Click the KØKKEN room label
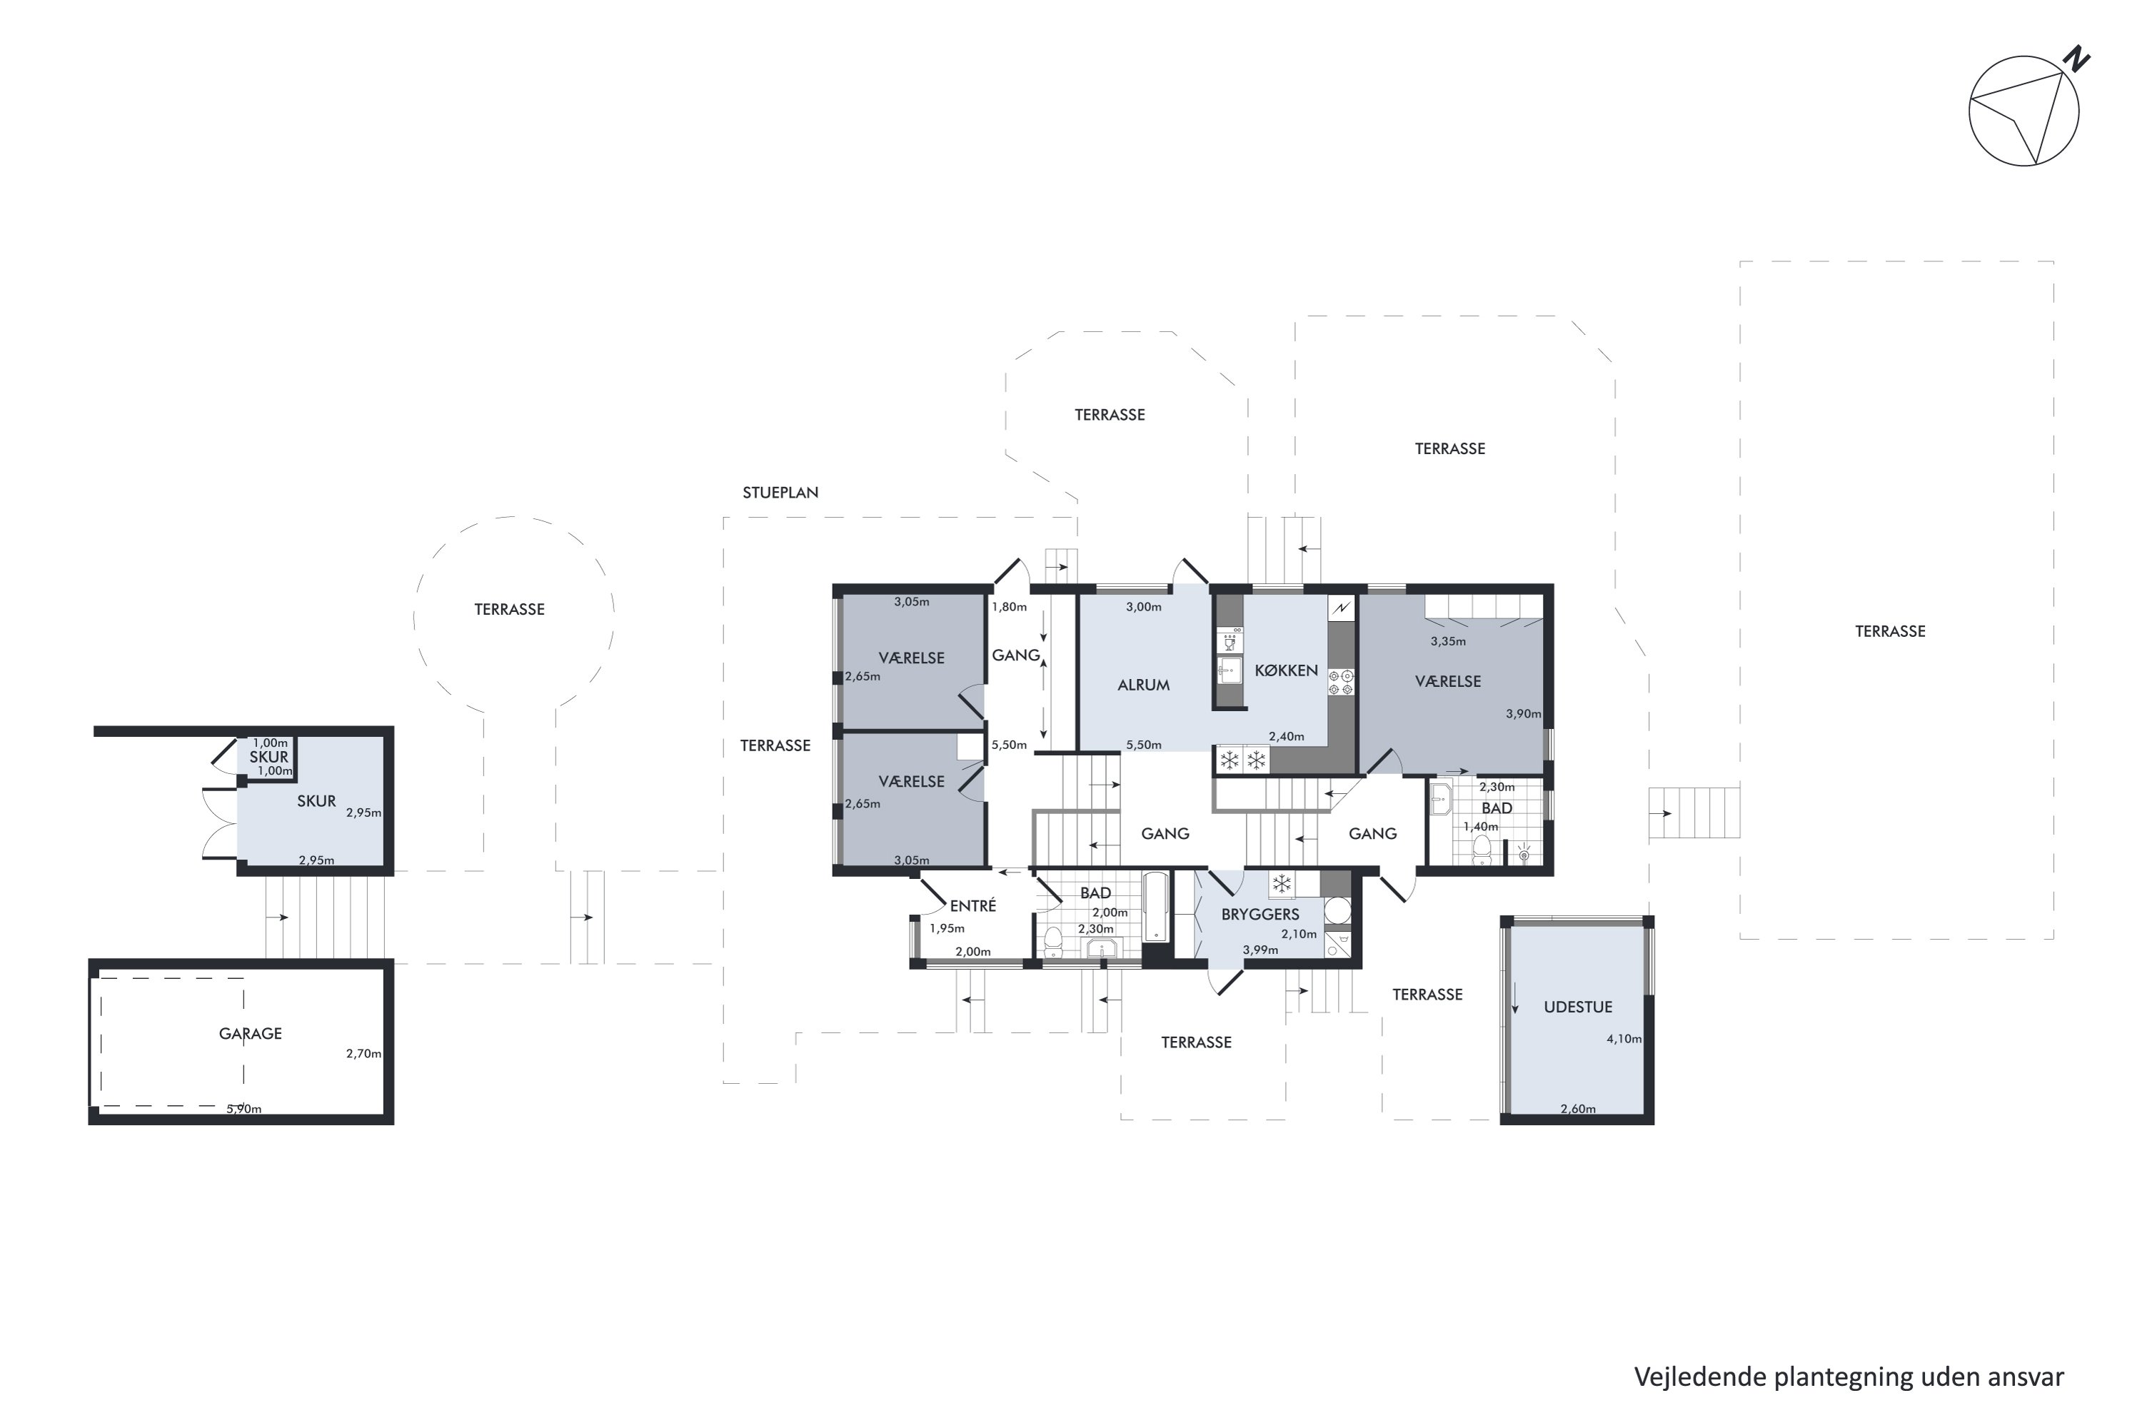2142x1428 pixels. tap(1286, 670)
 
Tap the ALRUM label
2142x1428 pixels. tap(1143, 685)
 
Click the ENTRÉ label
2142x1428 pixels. tap(972, 905)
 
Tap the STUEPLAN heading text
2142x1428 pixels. tap(780, 493)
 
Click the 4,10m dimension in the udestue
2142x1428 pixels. tap(1623, 1038)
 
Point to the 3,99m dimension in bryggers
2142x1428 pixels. tap(1259, 950)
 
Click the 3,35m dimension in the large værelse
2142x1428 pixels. tap(1447, 641)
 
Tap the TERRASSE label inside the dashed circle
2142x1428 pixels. tap(509, 609)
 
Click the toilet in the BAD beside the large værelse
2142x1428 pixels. tap(1482, 850)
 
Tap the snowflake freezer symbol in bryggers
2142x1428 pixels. tap(1282, 883)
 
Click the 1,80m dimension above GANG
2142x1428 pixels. tap(1008, 606)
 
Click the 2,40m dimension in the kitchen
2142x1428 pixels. tap(1286, 736)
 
